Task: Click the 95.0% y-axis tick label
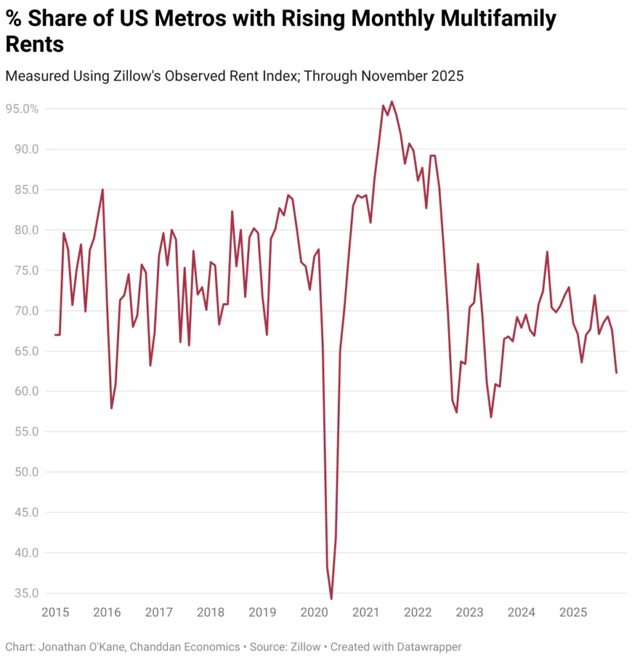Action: click(x=22, y=109)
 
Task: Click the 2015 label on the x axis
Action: click(x=55, y=612)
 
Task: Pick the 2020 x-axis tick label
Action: click(x=315, y=612)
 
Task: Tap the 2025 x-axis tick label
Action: click(x=573, y=612)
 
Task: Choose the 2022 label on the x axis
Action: click(x=418, y=612)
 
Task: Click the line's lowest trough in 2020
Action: click(x=331, y=599)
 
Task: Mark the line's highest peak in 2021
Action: click(x=391, y=101)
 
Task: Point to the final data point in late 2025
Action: click(x=617, y=373)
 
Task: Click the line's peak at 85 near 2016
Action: click(x=102, y=189)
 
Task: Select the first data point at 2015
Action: click(x=55, y=335)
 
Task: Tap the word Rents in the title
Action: click(x=35, y=44)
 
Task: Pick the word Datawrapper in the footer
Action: click(x=431, y=646)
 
